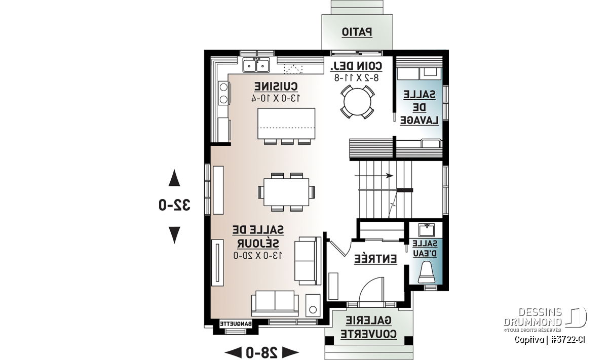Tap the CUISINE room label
click(x=276, y=87)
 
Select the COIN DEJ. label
click(x=356, y=66)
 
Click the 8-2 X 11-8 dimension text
click(x=356, y=78)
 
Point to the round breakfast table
click(x=357, y=102)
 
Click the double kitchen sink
click(x=256, y=65)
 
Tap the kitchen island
click(x=286, y=124)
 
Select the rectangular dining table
click(x=286, y=192)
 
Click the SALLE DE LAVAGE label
click(x=420, y=108)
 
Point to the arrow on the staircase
click(x=374, y=176)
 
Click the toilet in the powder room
click(x=427, y=272)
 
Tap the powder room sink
click(x=427, y=230)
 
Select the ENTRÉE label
click(x=375, y=259)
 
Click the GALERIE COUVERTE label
click(x=369, y=327)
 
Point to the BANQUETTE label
click(x=236, y=324)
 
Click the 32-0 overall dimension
click(x=174, y=205)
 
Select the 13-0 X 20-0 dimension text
click(x=258, y=255)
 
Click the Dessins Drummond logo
click(x=545, y=319)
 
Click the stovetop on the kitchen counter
click(x=224, y=93)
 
